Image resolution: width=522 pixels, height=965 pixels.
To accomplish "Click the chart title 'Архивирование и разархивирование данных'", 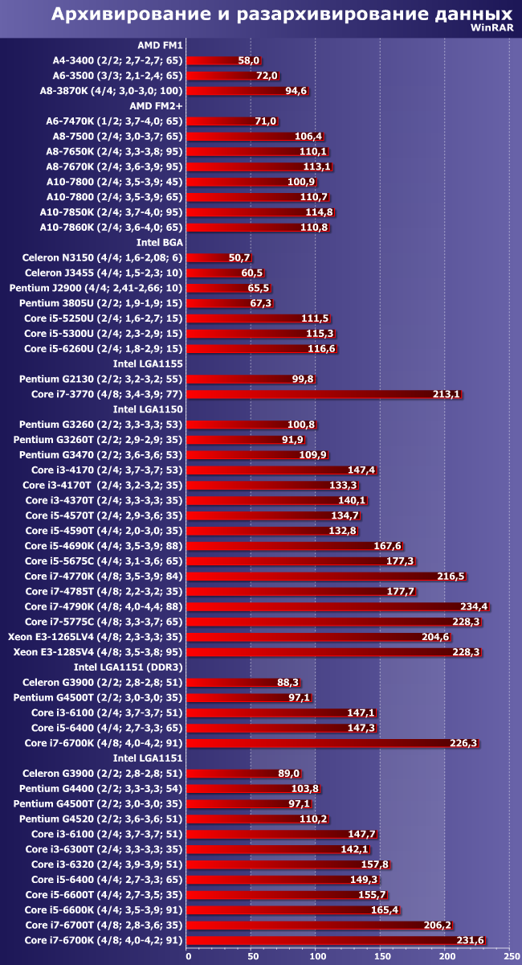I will pos(282,14).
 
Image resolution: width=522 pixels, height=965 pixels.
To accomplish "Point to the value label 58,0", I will pos(249,60).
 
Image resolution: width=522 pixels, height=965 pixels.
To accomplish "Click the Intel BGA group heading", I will pos(159,242).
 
